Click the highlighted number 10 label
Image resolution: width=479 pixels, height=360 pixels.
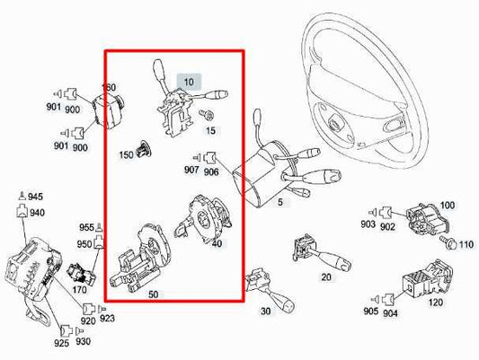coord(189,82)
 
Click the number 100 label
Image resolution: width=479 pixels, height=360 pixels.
coord(447,206)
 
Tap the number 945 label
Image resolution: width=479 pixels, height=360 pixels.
coord(35,196)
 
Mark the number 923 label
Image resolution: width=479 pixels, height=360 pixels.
coord(108,319)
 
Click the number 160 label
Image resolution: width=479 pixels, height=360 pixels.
coord(109,88)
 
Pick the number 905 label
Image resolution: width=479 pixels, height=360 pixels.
coord(369,312)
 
